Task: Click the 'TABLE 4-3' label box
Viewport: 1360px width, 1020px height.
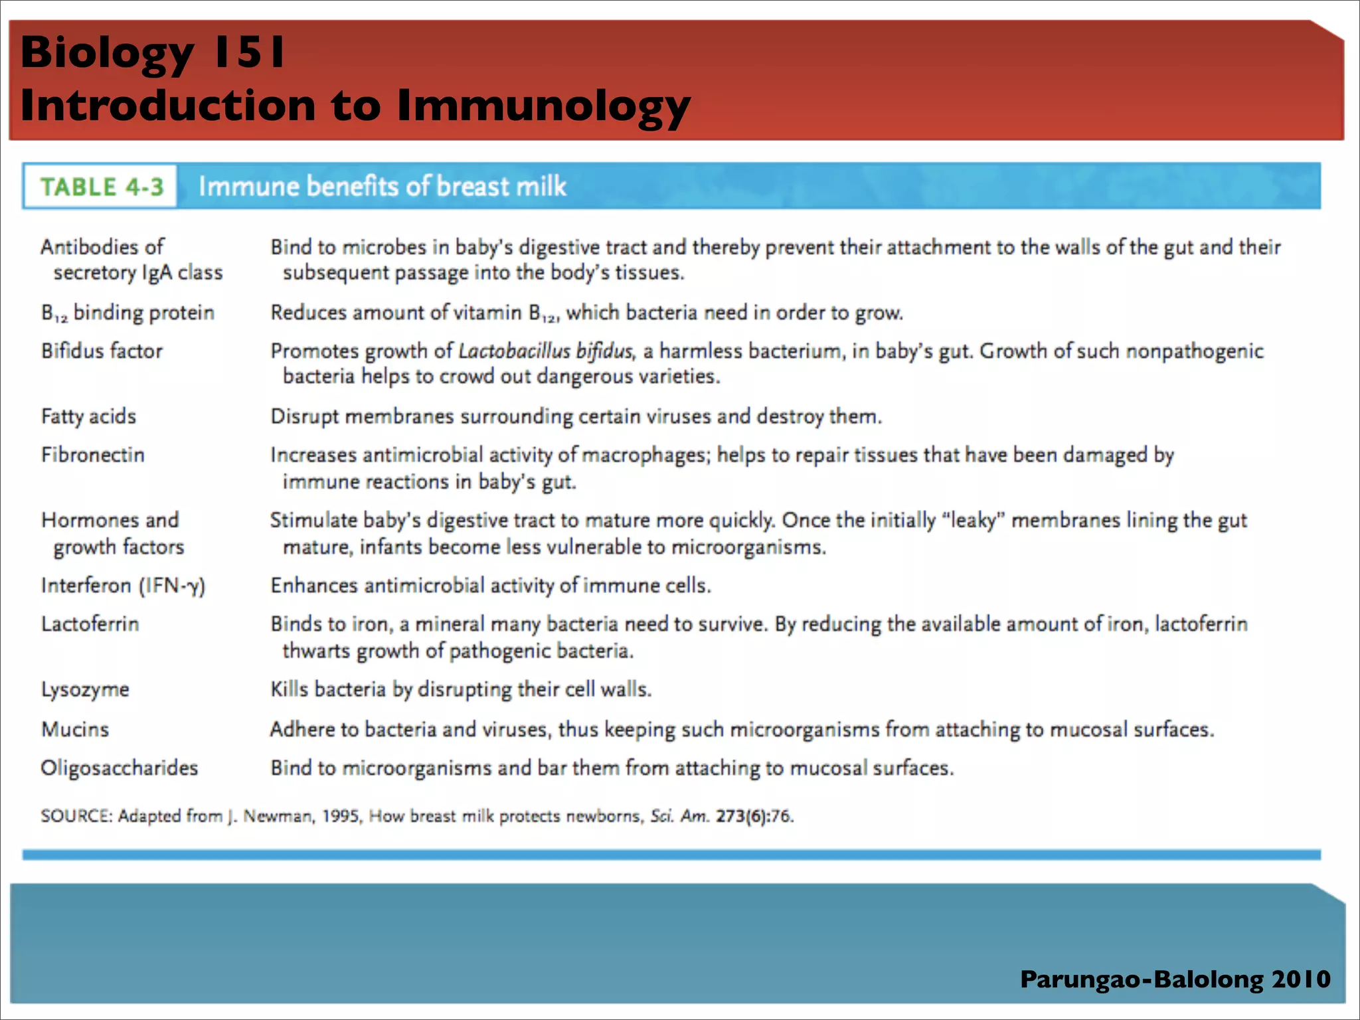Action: tap(101, 187)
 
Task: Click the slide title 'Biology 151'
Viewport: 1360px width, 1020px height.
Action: tap(153, 52)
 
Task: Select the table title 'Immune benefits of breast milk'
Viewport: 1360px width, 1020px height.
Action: tap(382, 187)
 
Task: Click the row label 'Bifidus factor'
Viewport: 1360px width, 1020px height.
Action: tap(102, 351)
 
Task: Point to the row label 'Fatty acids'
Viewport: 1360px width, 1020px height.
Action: tap(88, 416)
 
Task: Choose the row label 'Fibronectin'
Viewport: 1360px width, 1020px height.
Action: tap(92, 455)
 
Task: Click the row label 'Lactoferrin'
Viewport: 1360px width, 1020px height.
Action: tap(90, 624)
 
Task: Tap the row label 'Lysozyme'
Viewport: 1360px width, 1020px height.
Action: tap(85, 689)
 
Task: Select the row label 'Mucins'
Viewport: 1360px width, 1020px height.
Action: tap(75, 729)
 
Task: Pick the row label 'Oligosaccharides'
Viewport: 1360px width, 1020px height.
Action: tap(120, 768)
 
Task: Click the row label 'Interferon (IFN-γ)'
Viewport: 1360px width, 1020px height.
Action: tap(123, 586)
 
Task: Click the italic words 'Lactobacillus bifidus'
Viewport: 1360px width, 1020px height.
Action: tap(545, 351)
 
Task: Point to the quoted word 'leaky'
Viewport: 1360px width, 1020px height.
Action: tap(974, 520)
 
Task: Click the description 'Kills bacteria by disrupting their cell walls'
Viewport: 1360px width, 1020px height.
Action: tap(460, 689)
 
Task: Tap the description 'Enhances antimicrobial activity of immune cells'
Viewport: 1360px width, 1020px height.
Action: tap(490, 586)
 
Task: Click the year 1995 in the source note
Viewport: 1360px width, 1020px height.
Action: tap(341, 816)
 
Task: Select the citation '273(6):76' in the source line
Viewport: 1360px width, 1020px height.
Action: tap(754, 816)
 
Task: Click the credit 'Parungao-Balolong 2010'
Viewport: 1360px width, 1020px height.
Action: tap(1175, 979)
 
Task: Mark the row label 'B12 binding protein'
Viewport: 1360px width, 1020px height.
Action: tap(127, 313)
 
